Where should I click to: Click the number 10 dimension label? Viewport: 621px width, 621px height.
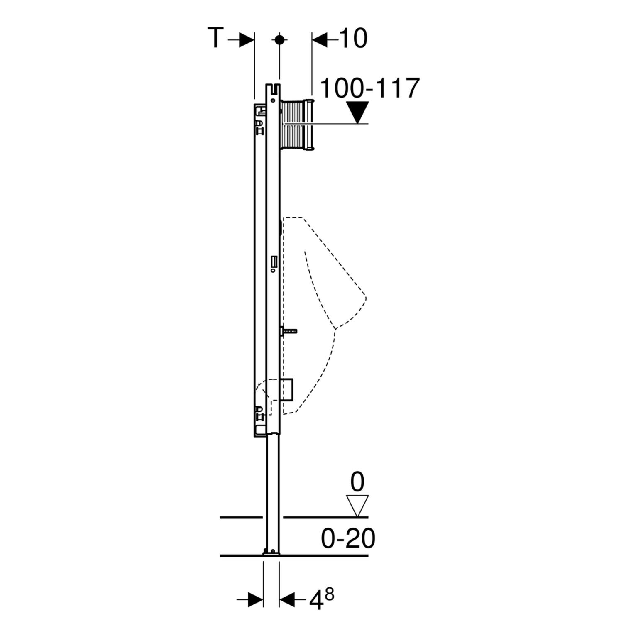[x=353, y=39]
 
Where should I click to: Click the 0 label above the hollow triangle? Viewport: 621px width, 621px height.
[x=357, y=482]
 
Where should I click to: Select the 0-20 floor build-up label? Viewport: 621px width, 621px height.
[x=348, y=538]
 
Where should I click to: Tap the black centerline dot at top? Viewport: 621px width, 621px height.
[x=279, y=39]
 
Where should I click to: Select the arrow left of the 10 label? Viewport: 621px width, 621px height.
[x=324, y=40]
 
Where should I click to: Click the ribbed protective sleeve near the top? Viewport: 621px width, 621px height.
[x=296, y=124]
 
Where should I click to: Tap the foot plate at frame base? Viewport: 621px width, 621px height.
[x=271, y=552]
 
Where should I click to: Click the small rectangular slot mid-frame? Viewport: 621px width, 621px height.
[x=273, y=262]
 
